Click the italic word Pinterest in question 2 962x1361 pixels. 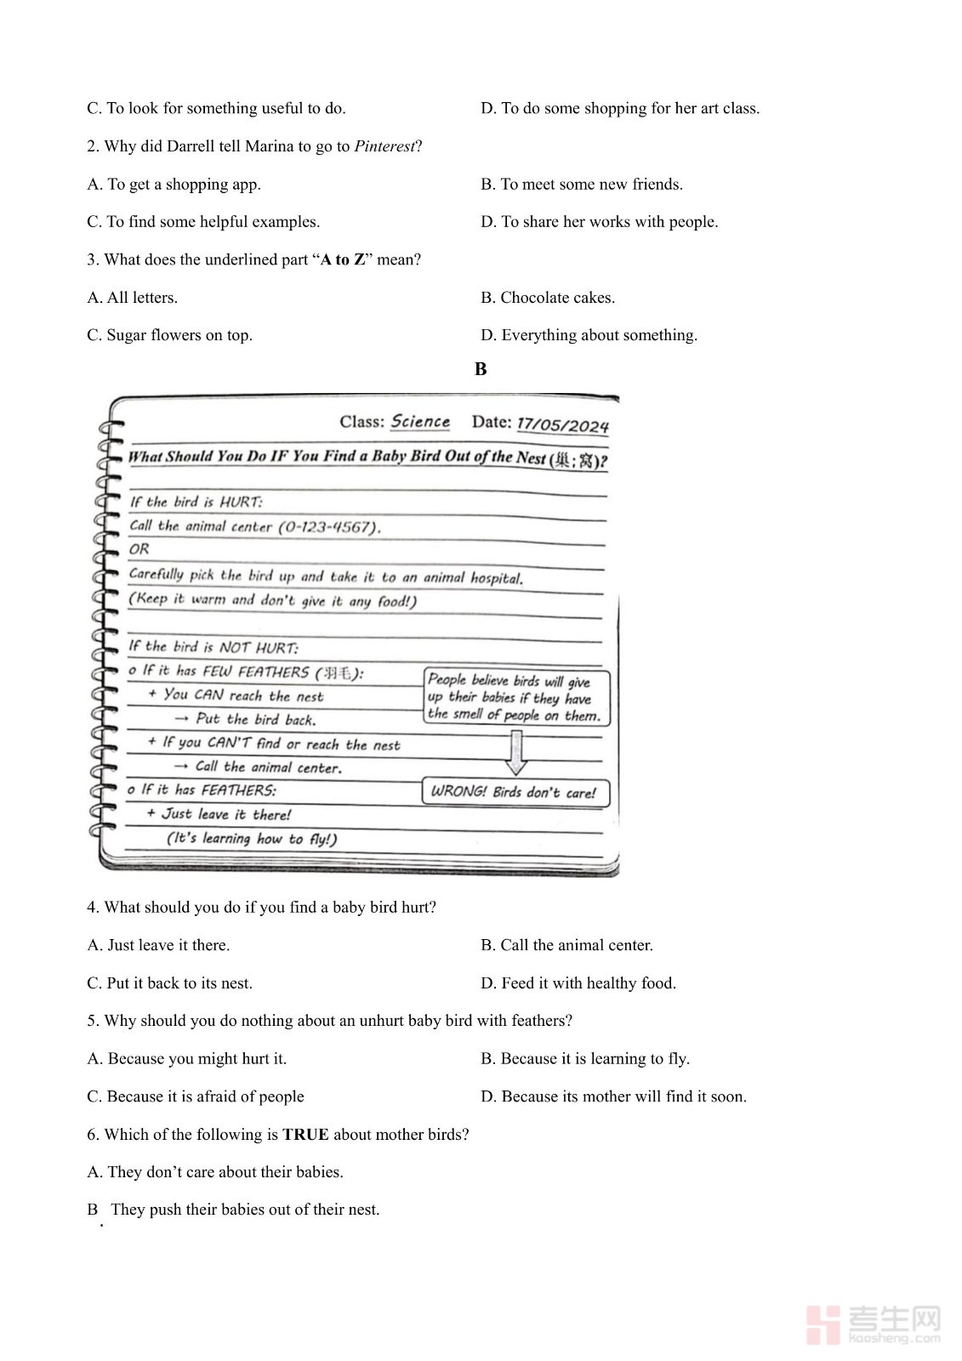[384, 146]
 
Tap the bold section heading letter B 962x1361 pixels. [481, 369]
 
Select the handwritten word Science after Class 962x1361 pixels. [420, 422]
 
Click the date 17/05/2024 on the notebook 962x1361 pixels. [562, 424]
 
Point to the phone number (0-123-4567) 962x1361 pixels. [328, 527]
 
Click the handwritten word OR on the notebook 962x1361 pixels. [139, 550]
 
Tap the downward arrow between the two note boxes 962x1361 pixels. [515, 751]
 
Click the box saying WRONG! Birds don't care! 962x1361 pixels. [515, 792]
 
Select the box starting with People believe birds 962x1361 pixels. [515, 697]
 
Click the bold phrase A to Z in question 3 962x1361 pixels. [343, 259]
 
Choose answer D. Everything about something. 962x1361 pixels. [589, 335]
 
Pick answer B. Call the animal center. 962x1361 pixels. [566, 945]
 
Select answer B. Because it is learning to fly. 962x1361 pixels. [584, 1058]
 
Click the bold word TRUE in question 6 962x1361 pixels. [305, 1134]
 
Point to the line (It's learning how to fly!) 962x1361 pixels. [252, 839]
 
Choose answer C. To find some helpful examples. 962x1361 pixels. [203, 222]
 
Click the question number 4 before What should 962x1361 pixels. [92, 908]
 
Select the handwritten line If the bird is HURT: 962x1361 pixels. [196, 502]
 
